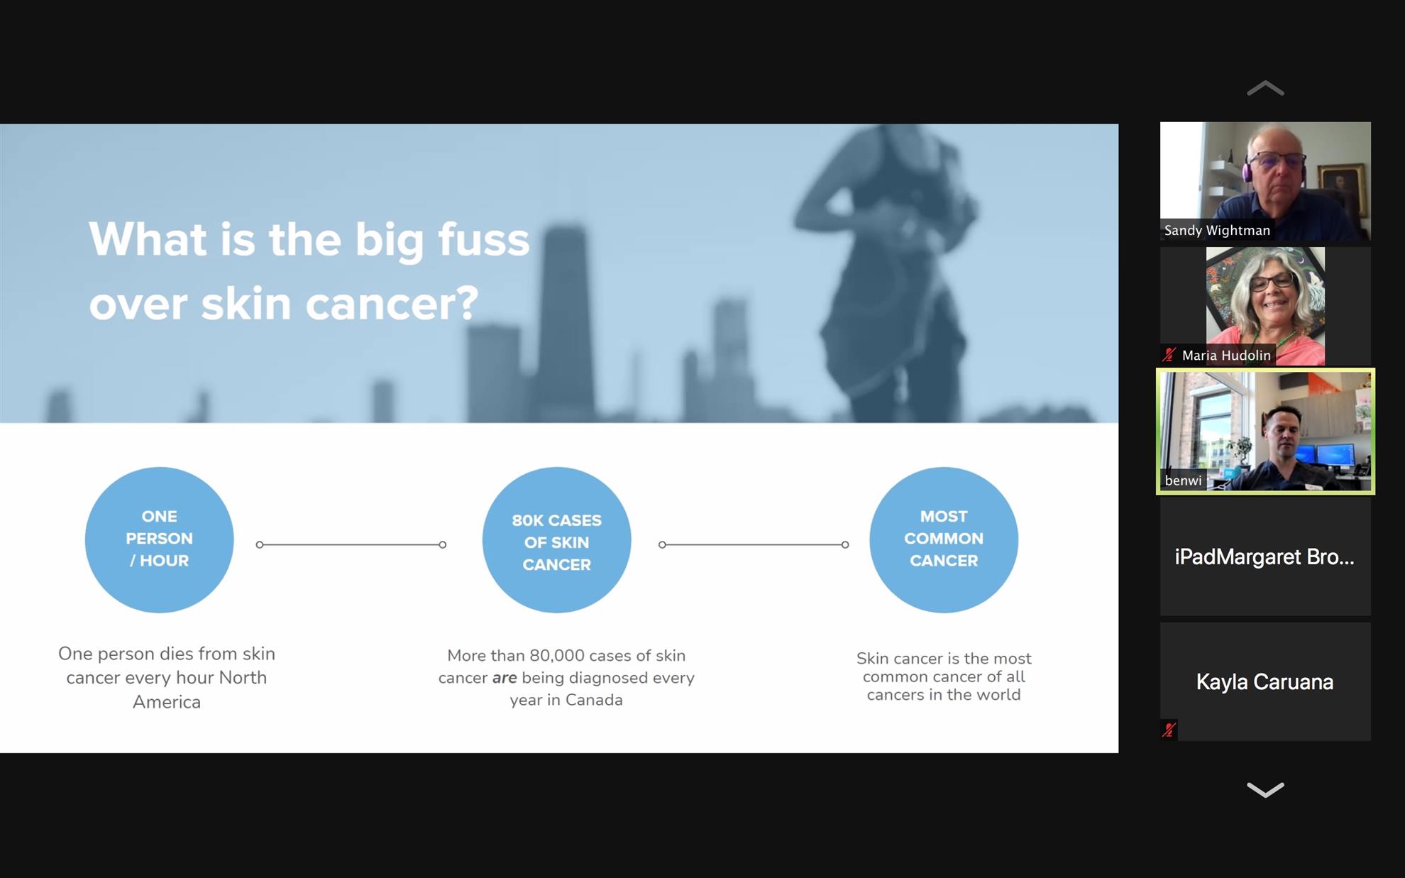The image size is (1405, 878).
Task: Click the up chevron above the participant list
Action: point(1265,88)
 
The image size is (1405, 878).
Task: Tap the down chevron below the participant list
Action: point(1265,789)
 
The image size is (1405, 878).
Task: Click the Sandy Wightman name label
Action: point(1217,230)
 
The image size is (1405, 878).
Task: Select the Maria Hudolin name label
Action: point(1226,355)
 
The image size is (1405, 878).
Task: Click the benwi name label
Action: point(1183,481)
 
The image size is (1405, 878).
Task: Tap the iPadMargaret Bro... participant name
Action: point(1264,556)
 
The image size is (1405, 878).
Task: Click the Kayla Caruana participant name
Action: point(1264,681)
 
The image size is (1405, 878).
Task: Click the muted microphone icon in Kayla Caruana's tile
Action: point(1169,730)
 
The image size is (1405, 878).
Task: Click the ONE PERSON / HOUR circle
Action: point(159,539)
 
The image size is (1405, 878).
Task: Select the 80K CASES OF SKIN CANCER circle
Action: point(556,539)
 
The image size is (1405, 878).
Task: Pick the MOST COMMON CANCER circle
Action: point(944,539)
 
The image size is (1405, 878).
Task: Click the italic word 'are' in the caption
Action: point(505,678)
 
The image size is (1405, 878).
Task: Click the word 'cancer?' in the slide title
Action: point(392,303)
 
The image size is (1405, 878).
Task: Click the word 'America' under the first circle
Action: point(167,702)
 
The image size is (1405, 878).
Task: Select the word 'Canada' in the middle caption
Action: point(594,700)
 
